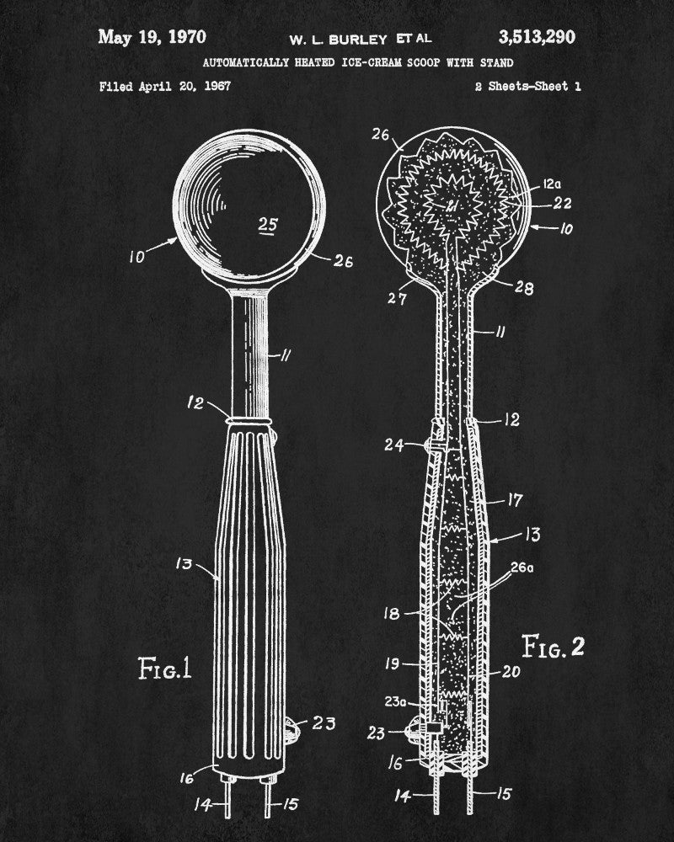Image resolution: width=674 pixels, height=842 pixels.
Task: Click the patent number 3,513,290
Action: (x=537, y=37)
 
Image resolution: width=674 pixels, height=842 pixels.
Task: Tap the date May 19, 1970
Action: (x=152, y=37)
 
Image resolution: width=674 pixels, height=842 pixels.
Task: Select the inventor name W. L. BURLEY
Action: (x=338, y=40)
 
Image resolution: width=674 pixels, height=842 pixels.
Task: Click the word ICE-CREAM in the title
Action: (x=372, y=62)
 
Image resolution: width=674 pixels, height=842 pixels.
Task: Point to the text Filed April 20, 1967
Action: (x=165, y=86)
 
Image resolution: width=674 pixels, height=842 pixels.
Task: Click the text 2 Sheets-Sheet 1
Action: (x=527, y=86)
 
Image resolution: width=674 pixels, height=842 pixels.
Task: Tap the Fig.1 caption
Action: (x=165, y=669)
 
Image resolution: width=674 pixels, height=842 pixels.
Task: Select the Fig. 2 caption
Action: (x=553, y=646)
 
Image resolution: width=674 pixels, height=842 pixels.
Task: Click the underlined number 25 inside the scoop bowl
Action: (x=268, y=225)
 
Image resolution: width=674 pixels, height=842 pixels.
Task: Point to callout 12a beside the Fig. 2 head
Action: (x=552, y=184)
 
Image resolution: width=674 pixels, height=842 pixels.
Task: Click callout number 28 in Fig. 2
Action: (x=524, y=288)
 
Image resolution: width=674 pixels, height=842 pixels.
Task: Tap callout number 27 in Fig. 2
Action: (x=397, y=298)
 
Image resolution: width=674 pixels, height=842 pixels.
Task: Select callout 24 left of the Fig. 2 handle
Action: (x=394, y=445)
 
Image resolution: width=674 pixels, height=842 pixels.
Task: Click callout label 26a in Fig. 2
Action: (x=522, y=567)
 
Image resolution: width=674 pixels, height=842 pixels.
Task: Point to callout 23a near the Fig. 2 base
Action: (x=396, y=702)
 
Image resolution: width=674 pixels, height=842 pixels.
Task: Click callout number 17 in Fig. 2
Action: (x=515, y=500)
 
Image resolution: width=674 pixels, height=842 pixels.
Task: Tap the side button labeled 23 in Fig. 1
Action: (x=290, y=731)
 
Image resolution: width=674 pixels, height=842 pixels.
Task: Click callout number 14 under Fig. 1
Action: (x=203, y=804)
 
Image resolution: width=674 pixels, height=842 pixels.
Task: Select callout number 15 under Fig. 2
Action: (x=504, y=793)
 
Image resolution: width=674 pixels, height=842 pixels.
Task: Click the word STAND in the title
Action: (x=496, y=62)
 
